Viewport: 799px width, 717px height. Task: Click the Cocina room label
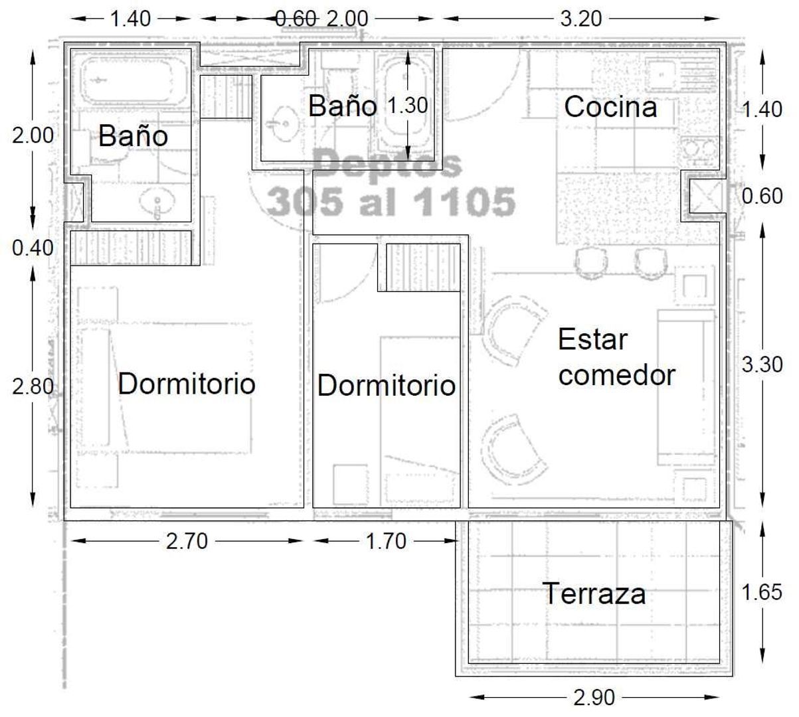pyautogui.click(x=610, y=107)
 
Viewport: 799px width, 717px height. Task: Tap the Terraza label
pyautogui.click(x=594, y=594)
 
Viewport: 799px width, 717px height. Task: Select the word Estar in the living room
pyautogui.click(x=592, y=339)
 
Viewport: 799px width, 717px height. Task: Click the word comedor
pyautogui.click(x=616, y=375)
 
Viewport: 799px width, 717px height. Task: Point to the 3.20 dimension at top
pyautogui.click(x=581, y=19)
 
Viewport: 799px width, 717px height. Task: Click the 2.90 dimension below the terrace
pyautogui.click(x=594, y=698)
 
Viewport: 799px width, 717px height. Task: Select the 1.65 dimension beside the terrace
pyautogui.click(x=762, y=592)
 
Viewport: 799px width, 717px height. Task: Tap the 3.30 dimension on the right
pyautogui.click(x=762, y=364)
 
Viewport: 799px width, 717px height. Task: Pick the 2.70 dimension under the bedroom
pyautogui.click(x=187, y=541)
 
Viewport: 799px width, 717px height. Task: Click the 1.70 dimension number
pyautogui.click(x=386, y=541)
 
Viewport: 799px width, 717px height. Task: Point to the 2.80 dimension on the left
pyautogui.click(x=33, y=386)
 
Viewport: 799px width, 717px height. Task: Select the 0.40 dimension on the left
pyautogui.click(x=33, y=248)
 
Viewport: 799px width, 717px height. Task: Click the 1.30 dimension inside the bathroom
pyautogui.click(x=407, y=106)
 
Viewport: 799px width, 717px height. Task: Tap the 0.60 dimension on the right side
pyautogui.click(x=762, y=196)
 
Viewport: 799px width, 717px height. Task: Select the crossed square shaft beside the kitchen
pyautogui.click(x=705, y=196)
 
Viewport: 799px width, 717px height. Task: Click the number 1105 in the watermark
pyautogui.click(x=464, y=201)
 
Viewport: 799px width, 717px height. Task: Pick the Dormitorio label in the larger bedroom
pyautogui.click(x=187, y=384)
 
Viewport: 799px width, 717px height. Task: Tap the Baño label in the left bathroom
pyautogui.click(x=133, y=136)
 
